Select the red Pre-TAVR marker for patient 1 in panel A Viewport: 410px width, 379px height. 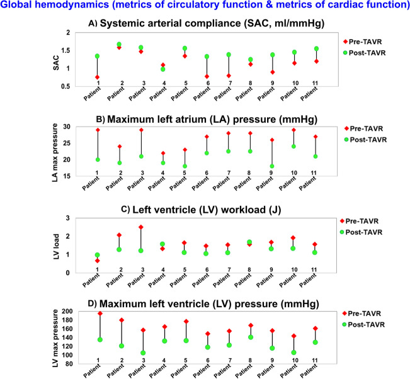98,77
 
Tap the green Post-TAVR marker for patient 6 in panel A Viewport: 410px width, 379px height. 206,57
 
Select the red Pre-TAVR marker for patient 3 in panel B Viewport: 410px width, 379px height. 140,130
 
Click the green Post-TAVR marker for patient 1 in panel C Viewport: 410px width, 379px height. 98,255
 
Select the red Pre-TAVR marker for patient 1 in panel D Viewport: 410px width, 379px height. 100,314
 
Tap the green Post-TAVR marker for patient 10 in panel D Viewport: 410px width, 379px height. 293,353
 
